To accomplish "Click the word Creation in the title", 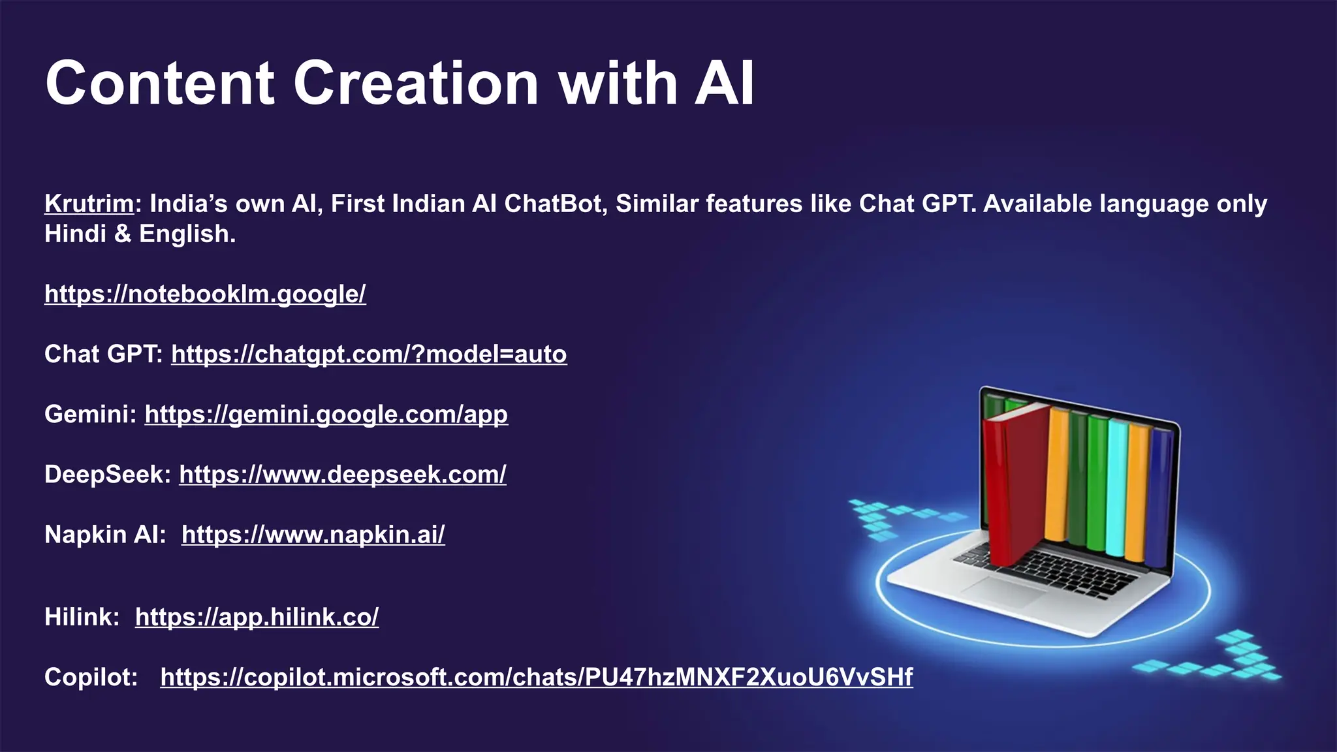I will click(x=415, y=84).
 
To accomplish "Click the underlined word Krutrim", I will click(x=89, y=204).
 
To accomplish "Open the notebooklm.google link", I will click(x=205, y=294).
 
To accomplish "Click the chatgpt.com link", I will click(x=369, y=354).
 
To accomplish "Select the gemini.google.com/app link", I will click(x=326, y=415).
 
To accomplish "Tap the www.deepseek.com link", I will click(x=342, y=475).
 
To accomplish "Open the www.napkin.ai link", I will click(x=313, y=535).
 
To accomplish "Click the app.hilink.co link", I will click(x=257, y=617).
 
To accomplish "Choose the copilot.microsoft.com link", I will click(x=536, y=677).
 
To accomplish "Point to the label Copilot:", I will click(x=91, y=677).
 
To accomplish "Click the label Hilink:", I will click(x=82, y=617).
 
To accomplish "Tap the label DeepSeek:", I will click(x=107, y=475).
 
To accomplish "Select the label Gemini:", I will click(x=90, y=415).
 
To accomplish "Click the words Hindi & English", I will click(x=140, y=234).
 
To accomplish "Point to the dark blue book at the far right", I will click(x=1159, y=496).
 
